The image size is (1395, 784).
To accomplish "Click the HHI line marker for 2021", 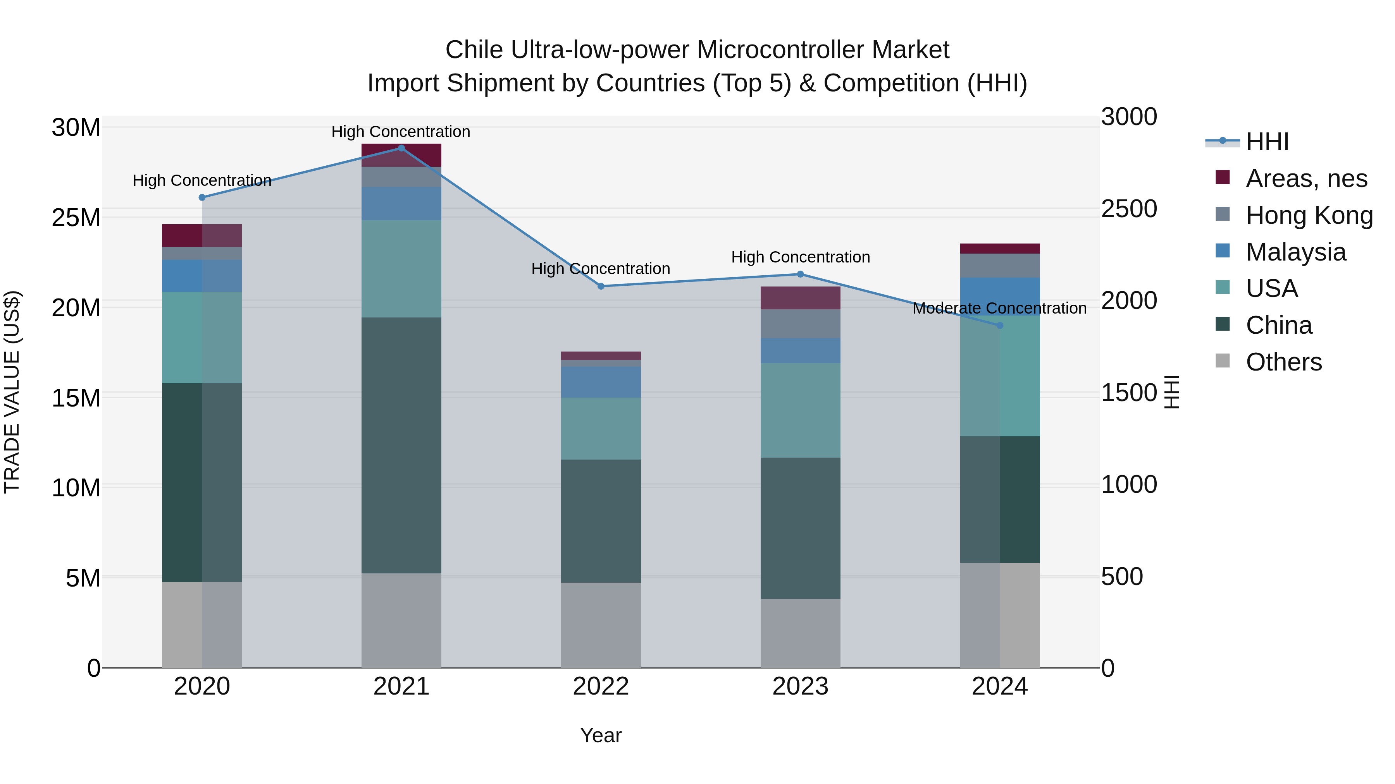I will point(401,148).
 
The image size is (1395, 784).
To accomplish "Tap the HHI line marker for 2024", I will point(1000,326).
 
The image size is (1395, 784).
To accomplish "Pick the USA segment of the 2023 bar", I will point(801,410).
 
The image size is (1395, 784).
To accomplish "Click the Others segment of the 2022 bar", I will point(601,625).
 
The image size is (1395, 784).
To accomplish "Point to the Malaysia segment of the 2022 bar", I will point(601,382).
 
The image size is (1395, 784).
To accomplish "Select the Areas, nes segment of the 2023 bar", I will point(801,298).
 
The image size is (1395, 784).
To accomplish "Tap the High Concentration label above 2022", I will point(601,269).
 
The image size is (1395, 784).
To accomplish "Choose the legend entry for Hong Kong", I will point(1309,215).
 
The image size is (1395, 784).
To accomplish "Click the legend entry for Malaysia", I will point(1295,252).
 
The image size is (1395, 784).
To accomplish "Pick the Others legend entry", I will point(1283,362).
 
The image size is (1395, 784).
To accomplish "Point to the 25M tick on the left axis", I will point(76,218).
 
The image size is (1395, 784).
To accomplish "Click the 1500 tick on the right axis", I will point(1129,393).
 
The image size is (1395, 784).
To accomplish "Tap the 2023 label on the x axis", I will point(801,686).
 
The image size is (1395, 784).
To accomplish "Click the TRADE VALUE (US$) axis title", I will point(12,392).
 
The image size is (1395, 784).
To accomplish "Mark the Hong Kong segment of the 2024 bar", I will point(1000,266).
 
